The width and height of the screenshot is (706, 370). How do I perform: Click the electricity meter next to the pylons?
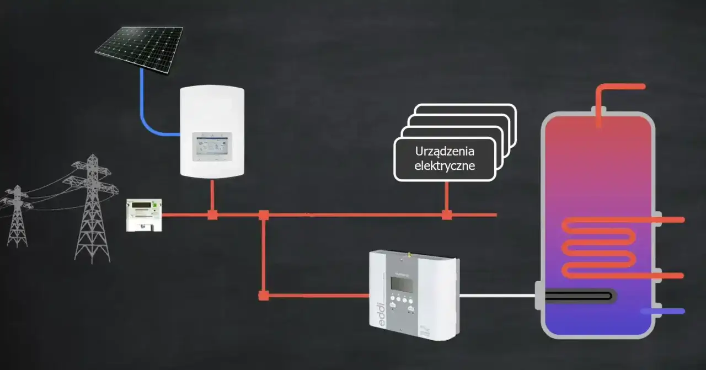point(143,215)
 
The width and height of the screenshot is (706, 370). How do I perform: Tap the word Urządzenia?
point(445,152)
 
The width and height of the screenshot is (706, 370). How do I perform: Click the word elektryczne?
point(445,165)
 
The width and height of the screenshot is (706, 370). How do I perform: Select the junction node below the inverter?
point(212,215)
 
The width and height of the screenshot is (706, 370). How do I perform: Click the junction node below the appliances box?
point(447,215)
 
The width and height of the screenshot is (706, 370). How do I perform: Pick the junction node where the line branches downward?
point(264,215)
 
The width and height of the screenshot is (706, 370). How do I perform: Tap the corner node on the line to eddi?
point(264,296)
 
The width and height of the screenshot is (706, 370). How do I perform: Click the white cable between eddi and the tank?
point(496,296)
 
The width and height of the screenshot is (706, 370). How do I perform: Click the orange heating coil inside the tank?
point(598,248)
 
